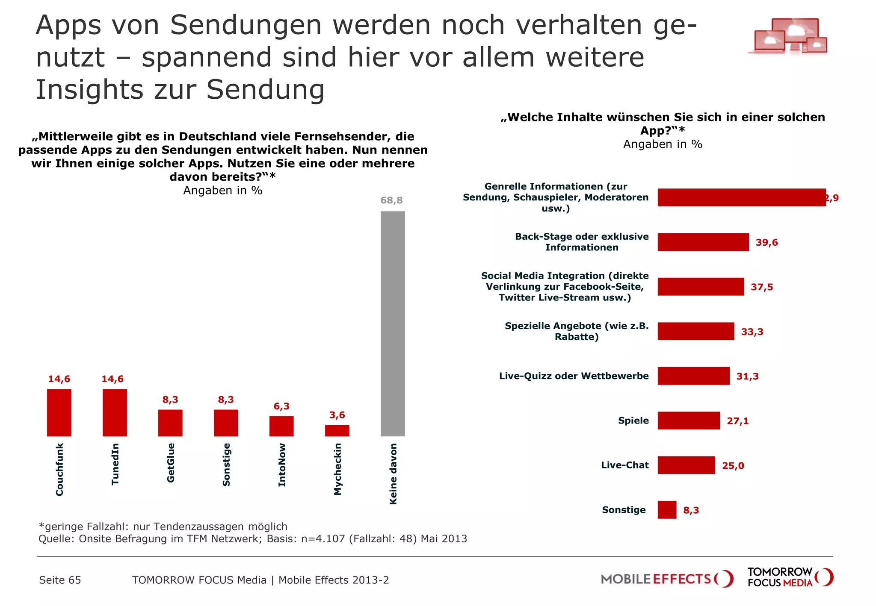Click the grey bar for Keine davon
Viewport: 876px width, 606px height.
click(393, 324)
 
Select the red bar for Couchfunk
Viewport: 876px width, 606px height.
click(59, 412)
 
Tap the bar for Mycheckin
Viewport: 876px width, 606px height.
click(337, 430)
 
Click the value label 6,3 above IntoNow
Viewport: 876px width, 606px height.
click(281, 406)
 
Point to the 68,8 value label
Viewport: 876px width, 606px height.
click(391, 200)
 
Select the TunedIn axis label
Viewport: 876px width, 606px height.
click(115, 464)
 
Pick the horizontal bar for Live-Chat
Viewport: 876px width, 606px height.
click(686, 465)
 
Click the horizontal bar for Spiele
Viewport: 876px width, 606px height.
click(689, 421)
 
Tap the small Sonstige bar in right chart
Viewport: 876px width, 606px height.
click(667, 509)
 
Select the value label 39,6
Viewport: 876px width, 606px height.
click(766, 242)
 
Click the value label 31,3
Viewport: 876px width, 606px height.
click(747, 376)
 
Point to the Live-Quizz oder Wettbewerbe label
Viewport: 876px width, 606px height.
click(574, 376)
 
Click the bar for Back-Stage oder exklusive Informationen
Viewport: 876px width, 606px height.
click(703, 242)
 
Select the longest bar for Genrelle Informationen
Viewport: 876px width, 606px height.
click(741, 197)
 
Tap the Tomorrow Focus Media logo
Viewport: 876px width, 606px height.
click(790, 577)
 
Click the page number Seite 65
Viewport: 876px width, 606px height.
click(60, 580)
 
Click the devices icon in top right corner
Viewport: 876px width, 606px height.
click(788, 36)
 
